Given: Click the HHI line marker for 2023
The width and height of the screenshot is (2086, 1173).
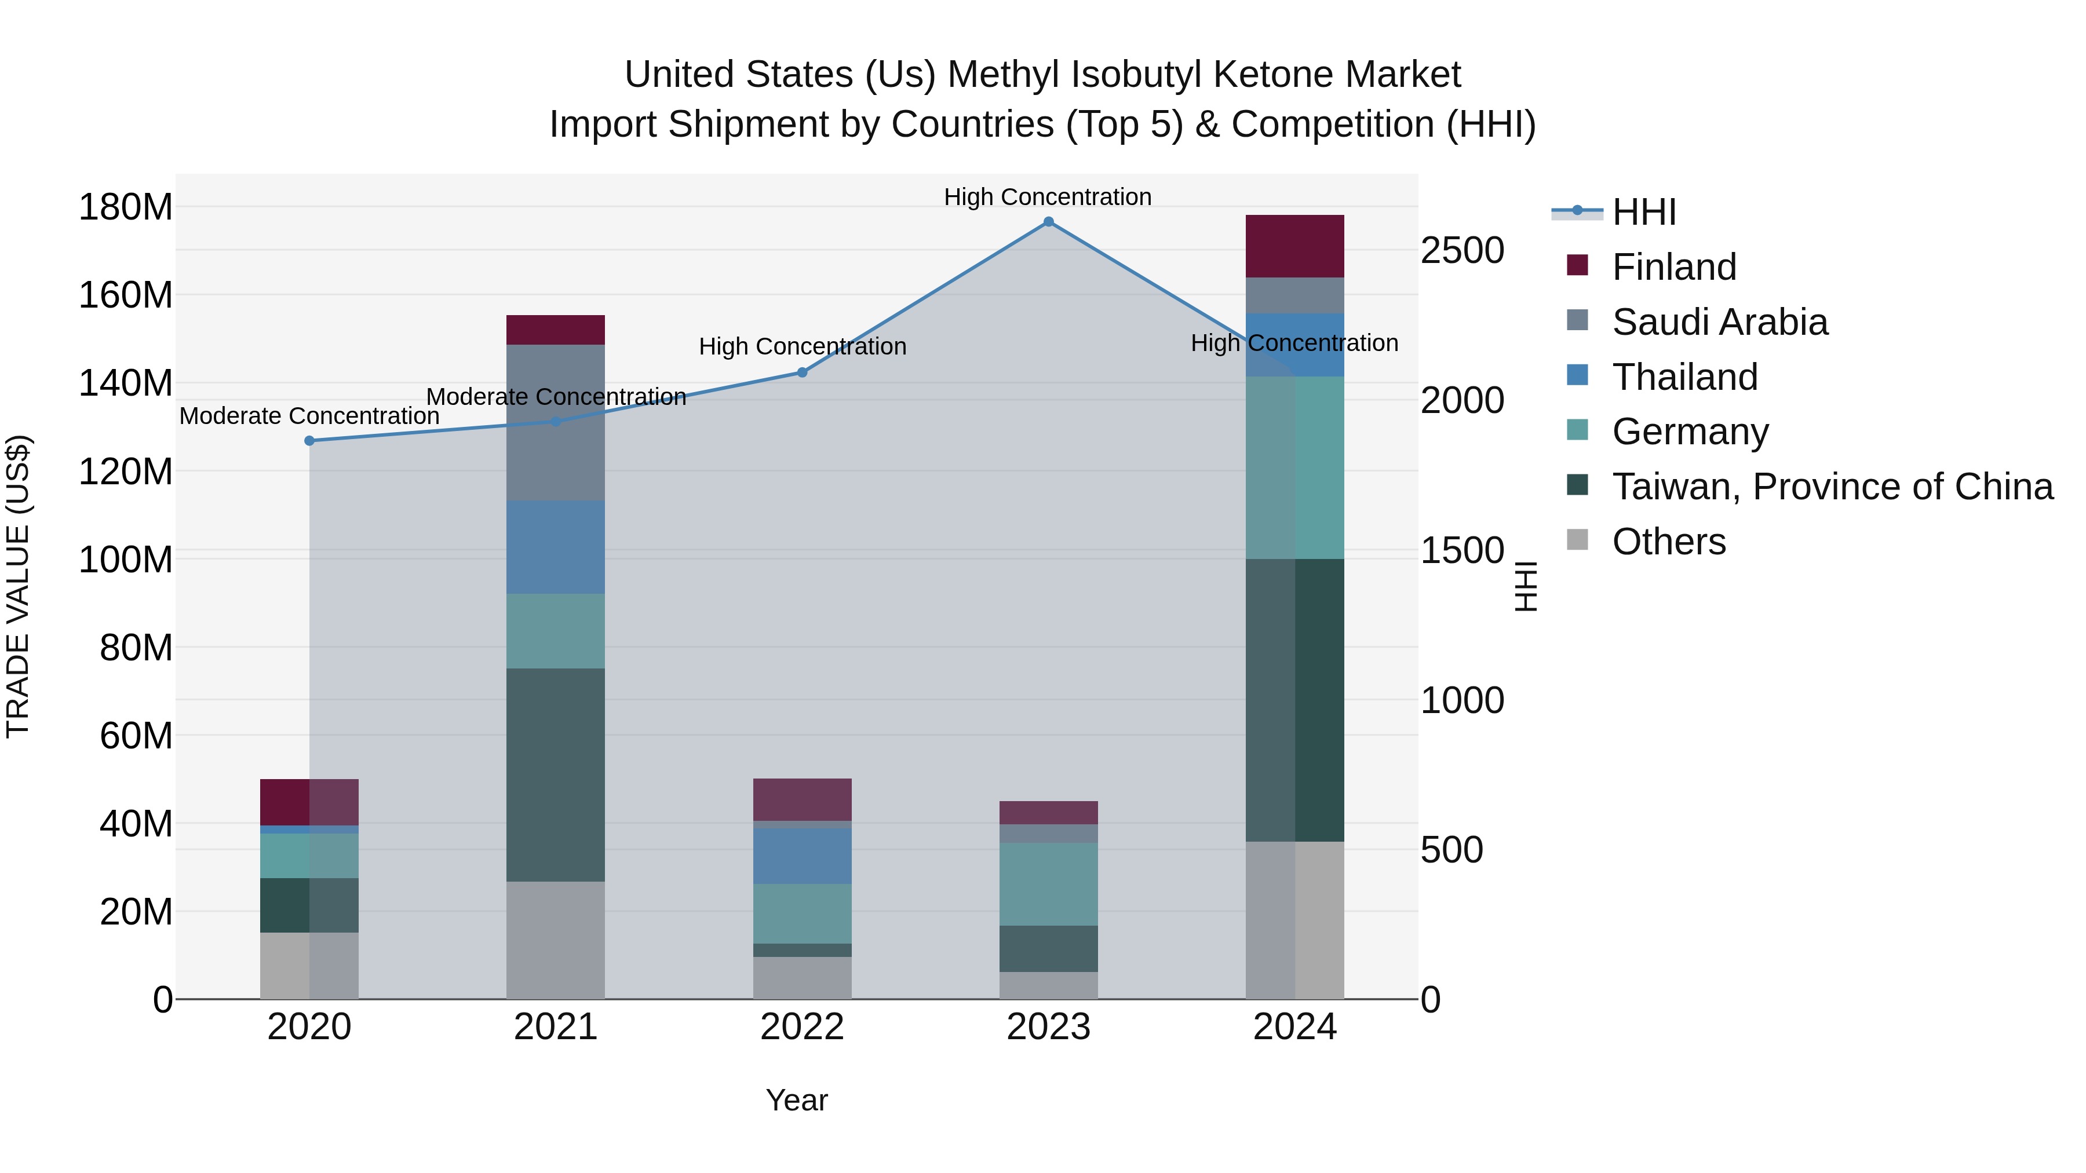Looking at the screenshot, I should (x=1048, y=222).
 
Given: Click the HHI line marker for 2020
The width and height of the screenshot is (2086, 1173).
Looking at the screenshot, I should (x=309, y=440).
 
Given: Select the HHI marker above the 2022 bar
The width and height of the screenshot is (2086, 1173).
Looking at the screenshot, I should (x=802, y=372).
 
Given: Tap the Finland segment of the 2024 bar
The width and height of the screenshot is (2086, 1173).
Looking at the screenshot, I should (x=1294, y=246).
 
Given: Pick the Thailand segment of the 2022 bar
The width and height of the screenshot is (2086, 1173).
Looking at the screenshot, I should (x=802, y=856).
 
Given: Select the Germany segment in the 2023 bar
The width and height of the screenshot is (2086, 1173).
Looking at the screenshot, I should (x=1048, y=884).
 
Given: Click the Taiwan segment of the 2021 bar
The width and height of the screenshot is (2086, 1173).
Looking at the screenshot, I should (x=556, y=774).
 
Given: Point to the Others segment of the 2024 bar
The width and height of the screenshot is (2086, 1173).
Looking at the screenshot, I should (x=1294, y=920).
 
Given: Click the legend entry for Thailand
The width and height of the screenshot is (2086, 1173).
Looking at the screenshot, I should (x=1684, y=377).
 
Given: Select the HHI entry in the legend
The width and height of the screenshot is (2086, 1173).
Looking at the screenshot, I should (x=1643, y=212).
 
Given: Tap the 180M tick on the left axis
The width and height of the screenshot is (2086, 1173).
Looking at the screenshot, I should (x=126, y=207).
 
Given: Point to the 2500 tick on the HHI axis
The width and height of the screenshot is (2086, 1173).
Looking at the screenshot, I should (x=1463, y=251).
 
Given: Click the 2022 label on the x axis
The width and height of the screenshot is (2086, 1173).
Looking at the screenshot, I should (x=802, y=1027).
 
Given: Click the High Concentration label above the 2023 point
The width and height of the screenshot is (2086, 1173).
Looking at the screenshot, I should (x=1047, y=197).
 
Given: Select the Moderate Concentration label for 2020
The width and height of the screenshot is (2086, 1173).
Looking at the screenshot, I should (x=309, y=416).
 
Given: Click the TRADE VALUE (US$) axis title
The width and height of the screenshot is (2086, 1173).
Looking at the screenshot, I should (x=18, y=586).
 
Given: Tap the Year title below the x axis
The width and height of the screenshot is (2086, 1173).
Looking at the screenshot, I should (x=797, y=1100).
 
